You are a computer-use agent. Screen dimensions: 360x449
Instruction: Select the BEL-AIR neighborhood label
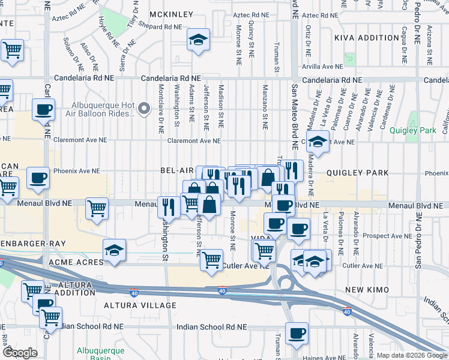click(176, 171)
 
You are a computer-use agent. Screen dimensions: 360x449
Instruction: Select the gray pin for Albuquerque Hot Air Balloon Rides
click(143, 109)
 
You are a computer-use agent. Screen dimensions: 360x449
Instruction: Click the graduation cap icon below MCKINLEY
click(199, 40)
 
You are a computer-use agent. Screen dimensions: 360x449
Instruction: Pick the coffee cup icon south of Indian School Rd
click(297, 333)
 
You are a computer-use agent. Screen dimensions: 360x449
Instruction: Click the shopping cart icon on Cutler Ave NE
click(211, 260)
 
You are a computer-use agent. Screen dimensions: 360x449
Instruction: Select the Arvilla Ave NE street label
click(323, 67)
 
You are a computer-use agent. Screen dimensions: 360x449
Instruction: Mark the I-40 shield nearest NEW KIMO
click(347, 311)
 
